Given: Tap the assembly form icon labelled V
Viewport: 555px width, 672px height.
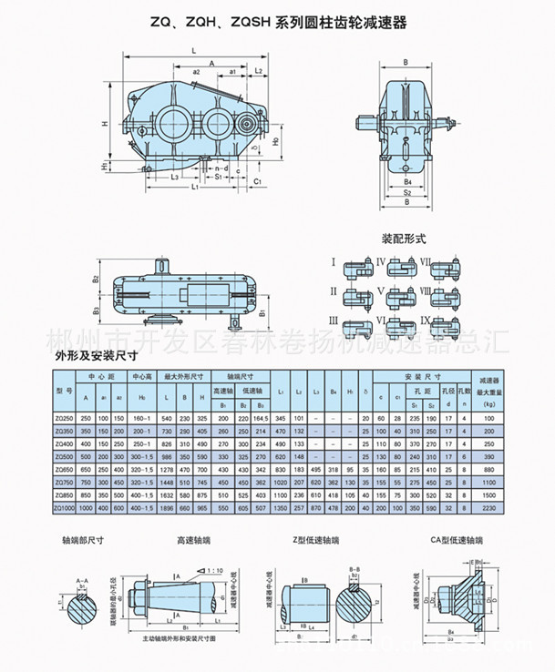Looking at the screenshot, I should click(402, 295).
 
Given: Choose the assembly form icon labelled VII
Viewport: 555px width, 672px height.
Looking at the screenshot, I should click(447, 267).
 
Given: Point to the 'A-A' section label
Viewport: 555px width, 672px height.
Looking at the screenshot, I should click(83, 580).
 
